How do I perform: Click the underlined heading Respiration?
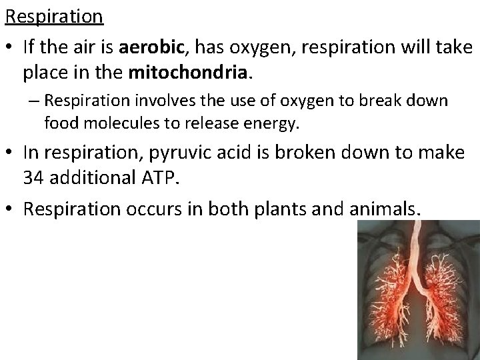tap(55, 15)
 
